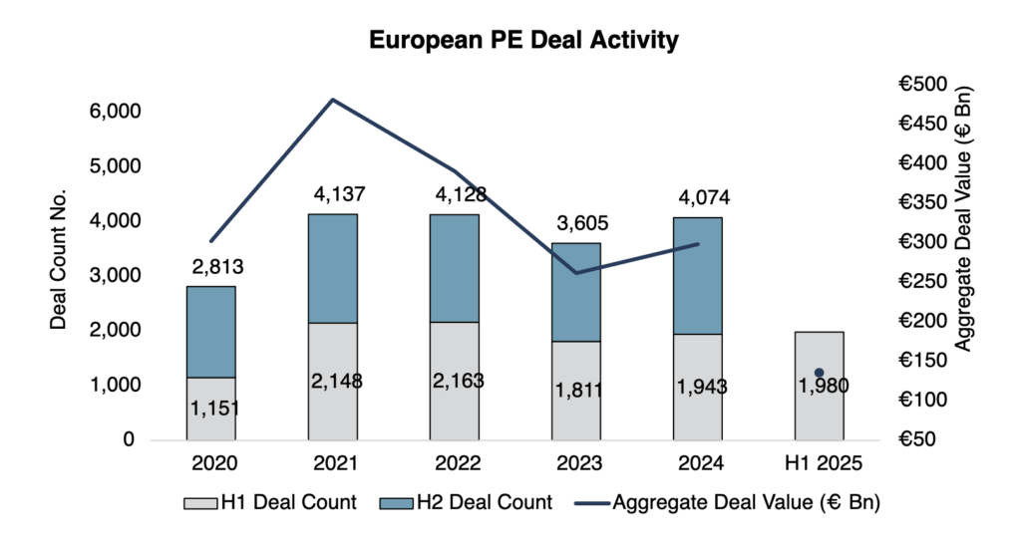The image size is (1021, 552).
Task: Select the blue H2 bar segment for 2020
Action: (211, 332)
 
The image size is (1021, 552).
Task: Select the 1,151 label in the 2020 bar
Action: (211, 408)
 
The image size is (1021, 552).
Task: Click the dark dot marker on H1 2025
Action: (820, 373)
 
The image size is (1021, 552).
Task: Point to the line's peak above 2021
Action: (332, 100)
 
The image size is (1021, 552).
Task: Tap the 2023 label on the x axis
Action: (576, 463)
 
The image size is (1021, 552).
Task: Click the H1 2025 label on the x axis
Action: (820, 463)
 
